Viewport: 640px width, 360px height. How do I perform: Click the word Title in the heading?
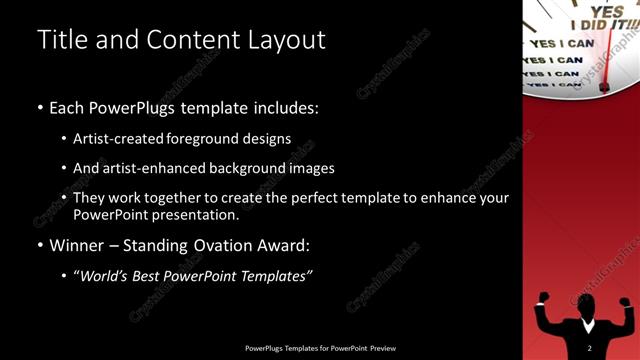pyautogui.click(x=59, y=39)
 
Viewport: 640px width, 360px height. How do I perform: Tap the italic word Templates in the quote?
pyautogui.click(x=273, y=276)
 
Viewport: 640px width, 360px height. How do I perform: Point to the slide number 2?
pyautogui.click(x=590, y=348)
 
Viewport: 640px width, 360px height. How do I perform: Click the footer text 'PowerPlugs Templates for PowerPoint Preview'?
pyautogui.click(x=320, y=348)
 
